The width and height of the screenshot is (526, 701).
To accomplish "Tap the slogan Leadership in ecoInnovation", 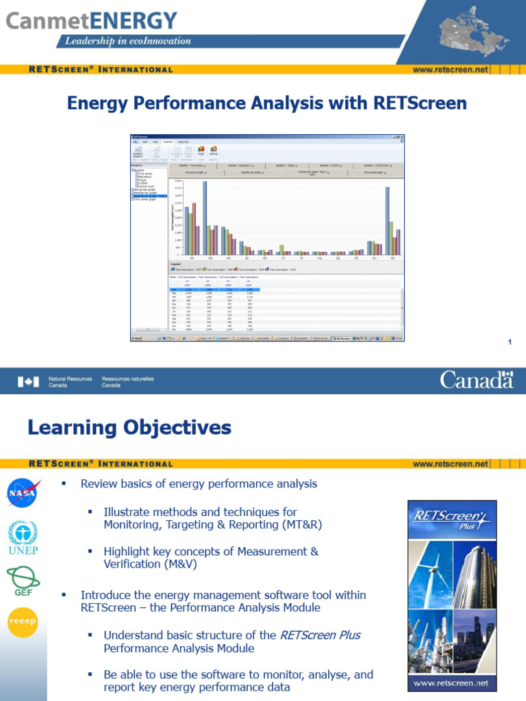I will pos(127,41).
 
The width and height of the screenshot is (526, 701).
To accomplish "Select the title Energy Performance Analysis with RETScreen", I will pos(266,103).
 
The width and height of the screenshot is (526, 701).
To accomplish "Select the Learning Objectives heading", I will pos(129,428).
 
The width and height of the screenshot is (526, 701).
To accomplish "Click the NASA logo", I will pos(23,492).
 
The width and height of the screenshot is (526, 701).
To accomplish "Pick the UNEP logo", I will pos(23,537).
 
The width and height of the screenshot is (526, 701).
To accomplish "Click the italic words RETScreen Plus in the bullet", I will pos(320,635).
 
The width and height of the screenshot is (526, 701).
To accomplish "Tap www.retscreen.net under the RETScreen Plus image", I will pos(452,683).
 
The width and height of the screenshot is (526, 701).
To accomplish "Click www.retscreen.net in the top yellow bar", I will pos(451,69).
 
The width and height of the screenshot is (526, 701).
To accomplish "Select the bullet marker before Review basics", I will pos(62,484).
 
